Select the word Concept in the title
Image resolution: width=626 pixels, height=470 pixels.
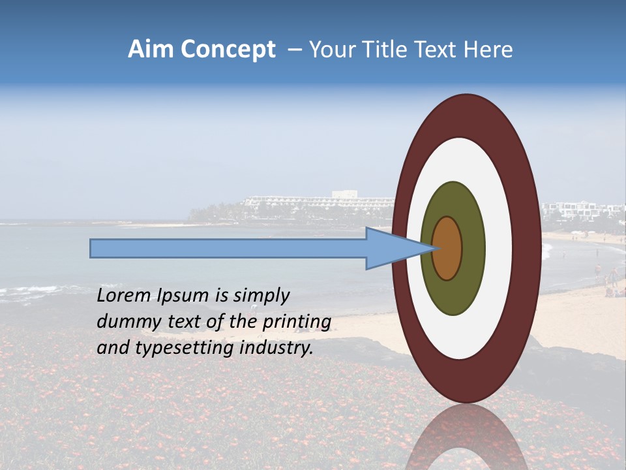(228, 50)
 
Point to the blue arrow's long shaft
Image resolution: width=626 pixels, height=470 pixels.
(228, 248)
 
